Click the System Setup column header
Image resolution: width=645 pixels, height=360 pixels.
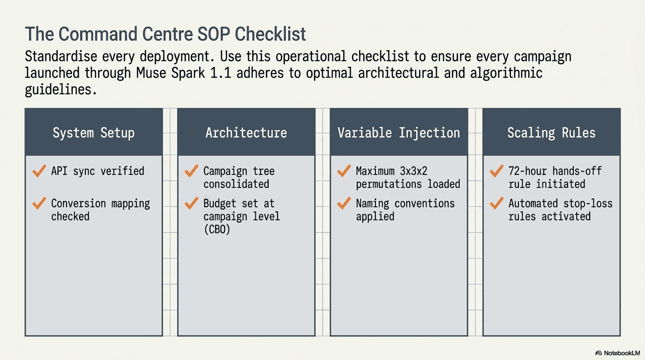point(94,133)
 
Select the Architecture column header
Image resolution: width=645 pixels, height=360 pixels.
point(246,133)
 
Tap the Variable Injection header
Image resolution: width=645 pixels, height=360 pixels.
point(399,133)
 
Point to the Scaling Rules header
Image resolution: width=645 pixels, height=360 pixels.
point(551,133)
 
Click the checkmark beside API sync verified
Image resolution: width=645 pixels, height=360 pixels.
point(39,171)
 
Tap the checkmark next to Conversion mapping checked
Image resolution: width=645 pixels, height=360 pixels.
point(39,203)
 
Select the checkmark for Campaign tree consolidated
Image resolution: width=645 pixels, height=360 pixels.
point(191,171)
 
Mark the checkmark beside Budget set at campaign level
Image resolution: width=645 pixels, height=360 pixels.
point(191,203)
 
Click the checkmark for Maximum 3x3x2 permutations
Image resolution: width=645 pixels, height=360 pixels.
point(344,171)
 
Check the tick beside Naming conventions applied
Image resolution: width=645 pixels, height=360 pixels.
point(344,203)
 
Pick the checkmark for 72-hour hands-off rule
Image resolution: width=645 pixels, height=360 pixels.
point(497,171)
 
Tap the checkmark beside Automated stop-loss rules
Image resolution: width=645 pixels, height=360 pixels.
point(497,203)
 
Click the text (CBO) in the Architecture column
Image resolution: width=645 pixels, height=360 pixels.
point(217,230)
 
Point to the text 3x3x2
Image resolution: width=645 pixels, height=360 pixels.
point(413,171)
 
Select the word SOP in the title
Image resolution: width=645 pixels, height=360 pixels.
point(214,34)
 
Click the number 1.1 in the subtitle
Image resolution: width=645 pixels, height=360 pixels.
point(221,73)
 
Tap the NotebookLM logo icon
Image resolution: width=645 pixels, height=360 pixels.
point(599,353)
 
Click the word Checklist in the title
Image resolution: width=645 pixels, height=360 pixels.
point(270,34)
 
